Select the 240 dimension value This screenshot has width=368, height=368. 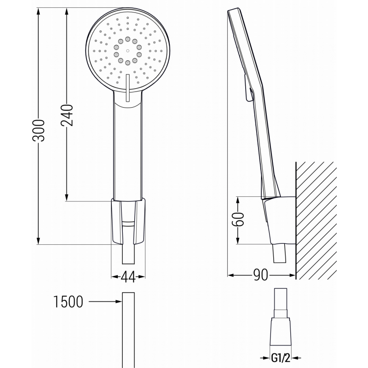pos(67,115)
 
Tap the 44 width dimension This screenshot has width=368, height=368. pos(128,276)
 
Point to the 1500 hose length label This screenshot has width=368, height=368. pos(68,302)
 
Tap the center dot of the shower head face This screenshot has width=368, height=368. pos(126,48)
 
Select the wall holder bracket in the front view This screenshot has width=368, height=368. pos(128,221)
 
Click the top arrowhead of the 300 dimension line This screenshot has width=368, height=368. pos(39,10)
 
